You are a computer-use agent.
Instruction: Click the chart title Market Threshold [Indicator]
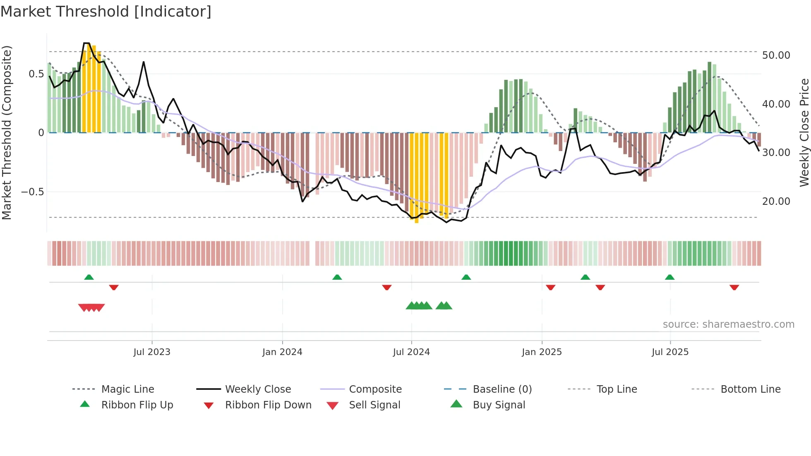(x=106, y=12)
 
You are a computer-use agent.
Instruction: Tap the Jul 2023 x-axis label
(x=152, y=352)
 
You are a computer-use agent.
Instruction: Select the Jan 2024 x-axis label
(x=282, y=352)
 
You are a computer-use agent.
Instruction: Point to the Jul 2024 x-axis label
(x=411, y=352)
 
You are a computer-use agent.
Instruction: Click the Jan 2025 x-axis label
(x=542, y=352)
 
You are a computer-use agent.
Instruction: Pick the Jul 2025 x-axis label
(x=670, y=352)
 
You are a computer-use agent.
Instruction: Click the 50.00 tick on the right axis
(x=776, y=55)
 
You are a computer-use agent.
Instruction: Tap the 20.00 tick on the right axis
(x=776, y=202)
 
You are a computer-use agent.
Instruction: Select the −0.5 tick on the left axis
(x=32, y=192)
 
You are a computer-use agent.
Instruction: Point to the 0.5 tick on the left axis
(x=36, y=74)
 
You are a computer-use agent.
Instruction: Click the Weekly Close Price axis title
(x=804, y=132)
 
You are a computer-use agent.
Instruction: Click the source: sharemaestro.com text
(x=728, y=324)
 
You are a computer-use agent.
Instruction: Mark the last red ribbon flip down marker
(x=734, y=288)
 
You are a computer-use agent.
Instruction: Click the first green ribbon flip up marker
(x=89, y=277)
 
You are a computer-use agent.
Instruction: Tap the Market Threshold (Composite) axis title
(x=7, y=132)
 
